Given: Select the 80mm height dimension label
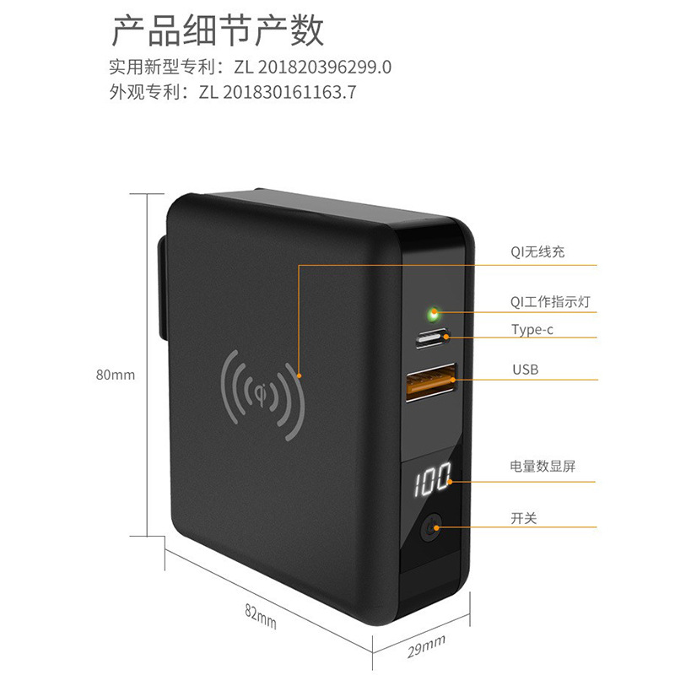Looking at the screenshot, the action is [x=115, y=375].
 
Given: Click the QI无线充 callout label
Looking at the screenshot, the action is [x=537, y=251].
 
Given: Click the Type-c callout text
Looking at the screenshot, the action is [x=532, y=329].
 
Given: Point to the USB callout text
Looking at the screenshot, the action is [x=524, y=369].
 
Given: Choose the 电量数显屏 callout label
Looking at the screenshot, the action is [x=543, y=466].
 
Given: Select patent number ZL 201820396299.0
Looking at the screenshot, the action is [x=295, y=67].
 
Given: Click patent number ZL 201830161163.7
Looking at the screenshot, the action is [x=278, y=92].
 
